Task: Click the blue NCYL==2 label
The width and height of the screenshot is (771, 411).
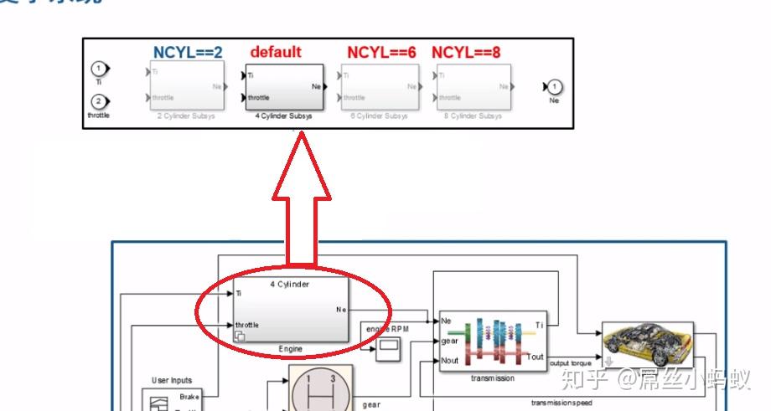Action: pos(187,52)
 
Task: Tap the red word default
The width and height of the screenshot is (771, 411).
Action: pos(275,52)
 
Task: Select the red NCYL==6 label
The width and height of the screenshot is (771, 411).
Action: pos(381,52)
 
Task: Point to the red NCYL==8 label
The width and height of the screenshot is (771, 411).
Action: pos(466,52)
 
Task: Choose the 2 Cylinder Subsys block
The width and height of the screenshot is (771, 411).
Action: pos(187,88)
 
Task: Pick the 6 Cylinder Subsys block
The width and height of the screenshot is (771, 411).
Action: pos(381,88)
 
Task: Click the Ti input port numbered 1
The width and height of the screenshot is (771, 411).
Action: pos(100,69)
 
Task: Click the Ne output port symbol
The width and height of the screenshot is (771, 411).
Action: pos(555,86)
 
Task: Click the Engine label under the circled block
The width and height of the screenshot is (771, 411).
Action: pos(290,348)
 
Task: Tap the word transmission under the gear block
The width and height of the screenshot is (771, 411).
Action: pos(492,378)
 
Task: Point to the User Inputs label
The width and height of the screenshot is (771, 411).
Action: pos(171,381)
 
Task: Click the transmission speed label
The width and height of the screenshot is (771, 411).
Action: pos(561,403)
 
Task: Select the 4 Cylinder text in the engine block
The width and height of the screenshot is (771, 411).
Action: pos(290,285)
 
